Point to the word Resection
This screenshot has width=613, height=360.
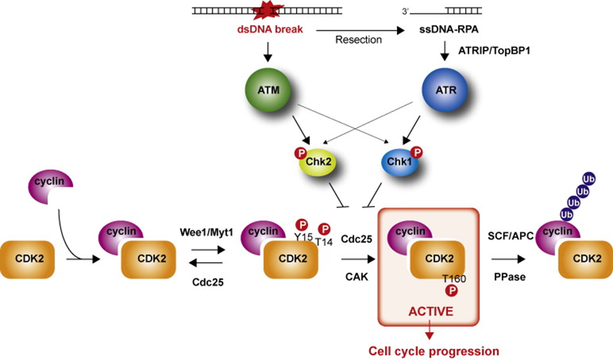358,40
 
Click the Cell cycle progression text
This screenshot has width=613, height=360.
434,351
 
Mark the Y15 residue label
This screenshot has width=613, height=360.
303,237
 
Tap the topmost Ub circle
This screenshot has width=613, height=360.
590,178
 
